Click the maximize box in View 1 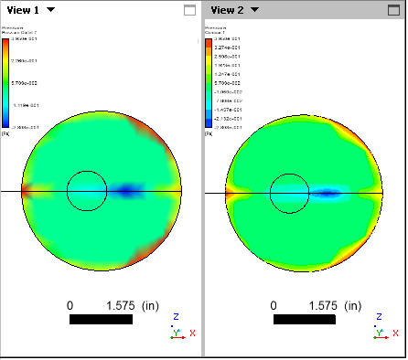189,11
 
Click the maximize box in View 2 394,11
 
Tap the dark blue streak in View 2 331,194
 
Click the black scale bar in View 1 100,320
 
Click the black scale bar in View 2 305,320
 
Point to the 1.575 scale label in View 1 122,304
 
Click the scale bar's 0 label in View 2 274,304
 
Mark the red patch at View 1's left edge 26,191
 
